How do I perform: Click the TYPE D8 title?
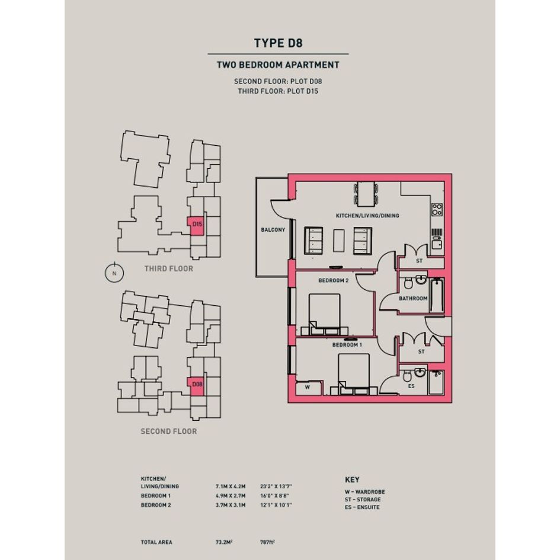click(x=278, y=43)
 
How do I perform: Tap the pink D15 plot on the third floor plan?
click(x=196, y=226)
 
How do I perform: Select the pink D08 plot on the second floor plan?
click(x=196, y=386)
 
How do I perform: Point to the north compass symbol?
click(x=114, y=273)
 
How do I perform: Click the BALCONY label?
click(x=273, y=230)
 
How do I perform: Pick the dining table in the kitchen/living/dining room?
click(x=366, y=194)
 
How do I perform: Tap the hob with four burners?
click(x=437, y=210)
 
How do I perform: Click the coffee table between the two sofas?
click(x=338, y=241)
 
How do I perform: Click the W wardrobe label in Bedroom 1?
click(x=308, y=387)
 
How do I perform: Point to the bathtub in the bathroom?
click(x=436, y=295)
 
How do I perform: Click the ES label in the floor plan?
click(x=411, y=386)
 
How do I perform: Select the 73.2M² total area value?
click(x=224, y=542)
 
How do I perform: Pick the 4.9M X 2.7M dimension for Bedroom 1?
click(x=231, y=496)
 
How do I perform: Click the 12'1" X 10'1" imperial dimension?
click(x=276, y=505)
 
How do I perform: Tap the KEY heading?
click(x=352, y=479)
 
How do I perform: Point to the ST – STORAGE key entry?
click(x=363, y=500)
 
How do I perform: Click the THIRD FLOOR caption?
click(x=169, y=268)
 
